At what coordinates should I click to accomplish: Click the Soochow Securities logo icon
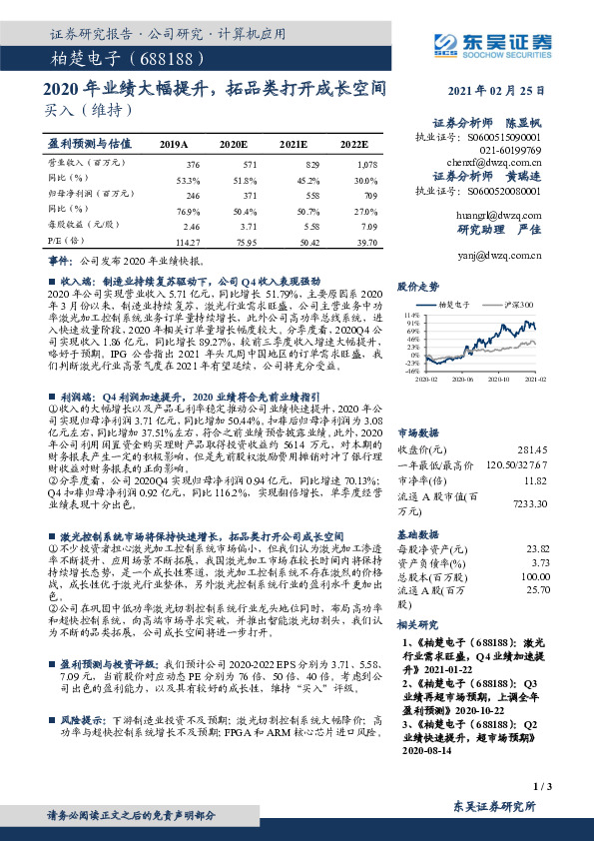[x=446, y=42]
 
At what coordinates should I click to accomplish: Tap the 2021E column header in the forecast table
[x=293, y=144]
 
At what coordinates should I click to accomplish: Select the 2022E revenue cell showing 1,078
[x=368, y=163]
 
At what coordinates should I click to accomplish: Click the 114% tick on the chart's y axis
[x=413, y=315]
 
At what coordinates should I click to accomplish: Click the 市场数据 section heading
[x=420, y=407]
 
